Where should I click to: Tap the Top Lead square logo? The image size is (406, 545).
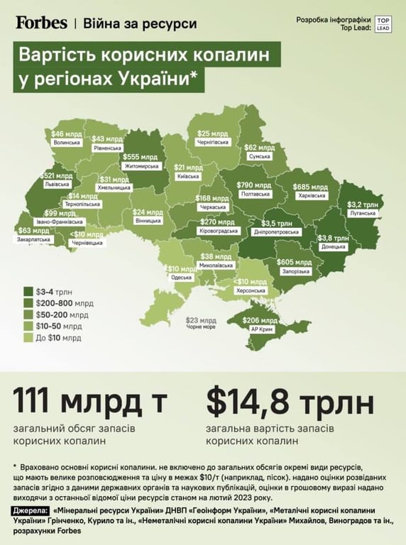(383, 23)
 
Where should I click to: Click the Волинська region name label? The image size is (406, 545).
(67, 143)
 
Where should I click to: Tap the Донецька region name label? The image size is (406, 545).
(334, 247)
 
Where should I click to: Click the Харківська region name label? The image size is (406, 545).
(309, 195)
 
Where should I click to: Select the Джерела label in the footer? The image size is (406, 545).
(31, 511)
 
